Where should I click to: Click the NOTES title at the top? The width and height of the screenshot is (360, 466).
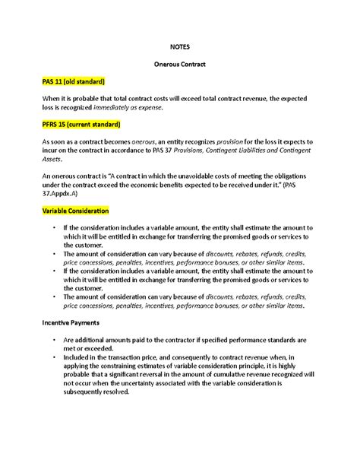click(179, 45)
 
